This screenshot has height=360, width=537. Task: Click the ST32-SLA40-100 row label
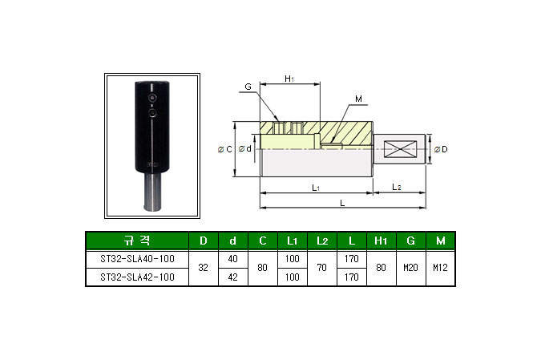(x=136, y=259)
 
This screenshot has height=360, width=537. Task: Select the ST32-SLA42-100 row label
(x=136, y=277)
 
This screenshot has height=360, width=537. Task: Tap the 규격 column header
(x=136, y=241)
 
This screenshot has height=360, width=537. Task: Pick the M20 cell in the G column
(x=410, y=268)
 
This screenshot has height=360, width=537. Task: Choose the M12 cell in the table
(x=440, y=268)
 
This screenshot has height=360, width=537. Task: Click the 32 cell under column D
(x=203, y=268)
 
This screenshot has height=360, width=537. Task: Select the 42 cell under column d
(x=233, y=277)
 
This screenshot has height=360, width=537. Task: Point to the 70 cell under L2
(x=321, y=268)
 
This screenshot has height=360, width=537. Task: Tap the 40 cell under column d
(x=233, y=259)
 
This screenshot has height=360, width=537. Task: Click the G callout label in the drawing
(x=248, y=86)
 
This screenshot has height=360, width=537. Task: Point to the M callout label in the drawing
(x=358, y=100)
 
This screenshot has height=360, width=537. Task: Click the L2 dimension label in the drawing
(x=397, y=186)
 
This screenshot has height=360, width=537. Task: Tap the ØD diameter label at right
(x=441, y=149)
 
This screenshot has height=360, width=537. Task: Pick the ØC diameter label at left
(x=225, y=149)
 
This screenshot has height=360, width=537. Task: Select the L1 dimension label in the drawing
(x=316, y=186)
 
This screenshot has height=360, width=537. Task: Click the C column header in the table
(x=263, y=241)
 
